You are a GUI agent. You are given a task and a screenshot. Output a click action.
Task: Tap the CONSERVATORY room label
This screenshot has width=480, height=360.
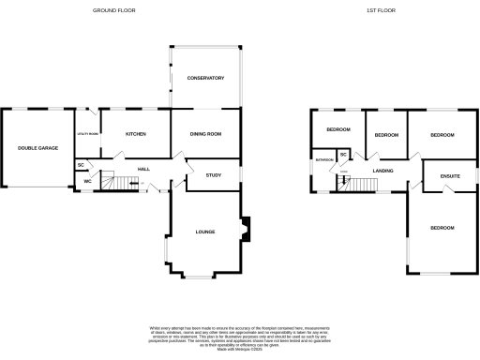click(x=204, y=78)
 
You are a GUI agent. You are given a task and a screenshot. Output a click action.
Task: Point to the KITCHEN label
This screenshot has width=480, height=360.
click(x=136, y=134)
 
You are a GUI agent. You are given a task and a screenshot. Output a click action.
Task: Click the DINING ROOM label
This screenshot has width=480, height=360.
click(x=205, y=134)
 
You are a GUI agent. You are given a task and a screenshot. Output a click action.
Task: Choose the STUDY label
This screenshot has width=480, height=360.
click(x=213, y=174)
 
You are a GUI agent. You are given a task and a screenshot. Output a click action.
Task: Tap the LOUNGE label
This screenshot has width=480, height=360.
click(x=205, y=231)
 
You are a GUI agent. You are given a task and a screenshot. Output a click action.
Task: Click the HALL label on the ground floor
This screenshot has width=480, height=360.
click(x=144, y=169)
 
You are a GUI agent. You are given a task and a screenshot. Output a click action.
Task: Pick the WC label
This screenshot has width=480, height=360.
click(x=87, y=181)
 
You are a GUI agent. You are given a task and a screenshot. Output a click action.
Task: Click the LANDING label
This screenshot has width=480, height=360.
click(x=382, y=171)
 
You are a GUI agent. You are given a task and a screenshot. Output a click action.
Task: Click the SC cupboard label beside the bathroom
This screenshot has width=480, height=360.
click(x=343, y=155)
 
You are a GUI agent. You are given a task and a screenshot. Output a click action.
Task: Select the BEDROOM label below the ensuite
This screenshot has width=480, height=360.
click(x=442, y=228)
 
